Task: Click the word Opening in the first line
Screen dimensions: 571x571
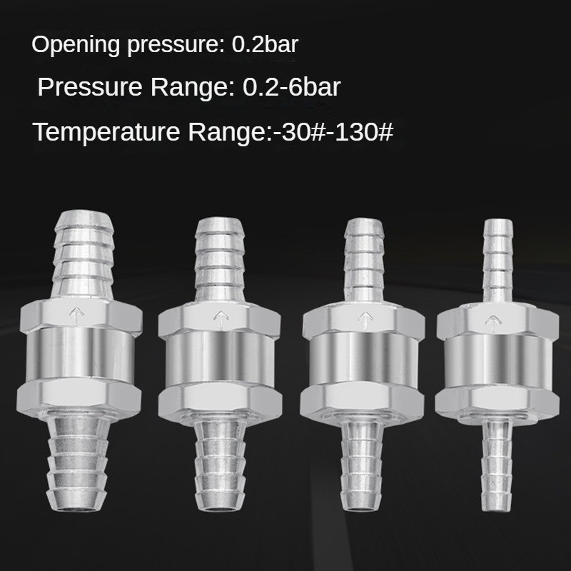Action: click(x=76, y=45)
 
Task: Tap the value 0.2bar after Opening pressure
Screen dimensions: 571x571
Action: click(x=265, y=44)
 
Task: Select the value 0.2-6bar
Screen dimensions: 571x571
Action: click(x=291, y=87)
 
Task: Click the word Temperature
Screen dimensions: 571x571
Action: click(x=106, y=132)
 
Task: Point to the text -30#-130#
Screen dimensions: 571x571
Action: click(x=333, y=131)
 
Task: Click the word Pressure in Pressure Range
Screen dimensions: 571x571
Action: click(x=90, y=87)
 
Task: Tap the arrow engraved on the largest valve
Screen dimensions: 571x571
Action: click(x=76, y=315)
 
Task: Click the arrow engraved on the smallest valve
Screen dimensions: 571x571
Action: click(x=492, y=323)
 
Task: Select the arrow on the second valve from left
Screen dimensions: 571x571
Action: click(x=220, y=319)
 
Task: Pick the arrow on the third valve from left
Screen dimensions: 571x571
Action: click(x=365, y=320)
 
